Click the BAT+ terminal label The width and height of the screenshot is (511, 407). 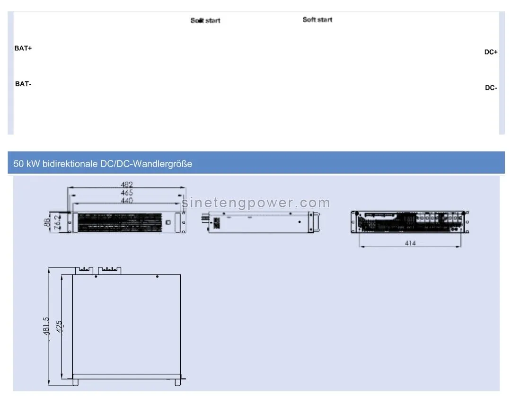[x=23, y=48]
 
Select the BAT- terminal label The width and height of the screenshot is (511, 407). [x=23, y=84]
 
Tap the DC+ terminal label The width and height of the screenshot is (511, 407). [x=491, y=52]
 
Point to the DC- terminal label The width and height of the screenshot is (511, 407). [x=491, y=88]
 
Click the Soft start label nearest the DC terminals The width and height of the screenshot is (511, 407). [x=317, y=19]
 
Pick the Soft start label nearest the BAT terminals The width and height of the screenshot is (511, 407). [x=205, y=20]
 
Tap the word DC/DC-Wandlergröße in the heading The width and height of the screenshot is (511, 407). [x=151, y=164]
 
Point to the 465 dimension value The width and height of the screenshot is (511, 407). [x=126, y=193]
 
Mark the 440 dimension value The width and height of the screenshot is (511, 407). [x=126, y=201]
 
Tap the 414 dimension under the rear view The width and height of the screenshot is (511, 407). [x=410, y=243]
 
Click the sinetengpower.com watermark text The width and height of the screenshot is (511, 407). [x=256, y=203]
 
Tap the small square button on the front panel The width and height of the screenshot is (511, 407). [x=167, y=222]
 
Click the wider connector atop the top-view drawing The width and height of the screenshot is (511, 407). [x=109, y=270]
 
